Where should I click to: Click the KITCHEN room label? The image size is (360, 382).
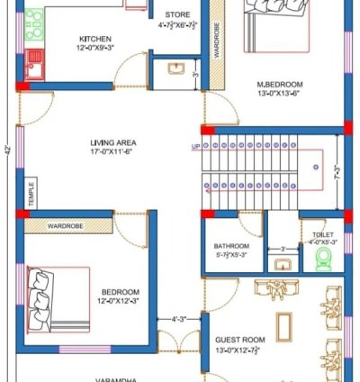(95, 39)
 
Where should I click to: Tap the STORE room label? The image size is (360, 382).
(178, 14)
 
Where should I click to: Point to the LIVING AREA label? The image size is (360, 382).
(112, 142)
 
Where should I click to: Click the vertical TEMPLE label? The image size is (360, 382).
(31, 193)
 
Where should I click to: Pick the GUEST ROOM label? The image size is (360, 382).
(238, 341)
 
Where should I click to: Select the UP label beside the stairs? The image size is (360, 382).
(195, 146)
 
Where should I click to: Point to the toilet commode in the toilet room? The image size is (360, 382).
(324, 259)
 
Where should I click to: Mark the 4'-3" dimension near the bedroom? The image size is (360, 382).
(180, 319)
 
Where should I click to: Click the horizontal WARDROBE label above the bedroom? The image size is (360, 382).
(66, 225)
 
